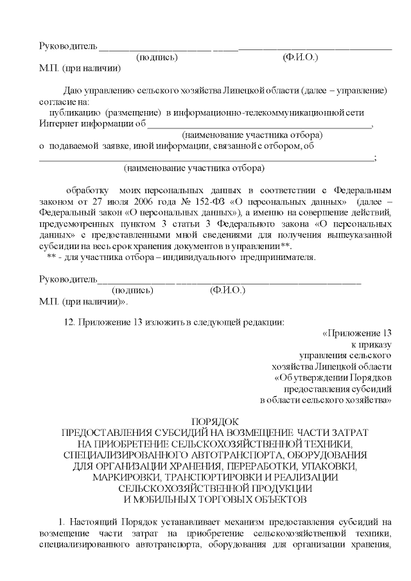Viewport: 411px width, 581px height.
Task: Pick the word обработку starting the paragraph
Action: pyautogui.click(x=88, y=190)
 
